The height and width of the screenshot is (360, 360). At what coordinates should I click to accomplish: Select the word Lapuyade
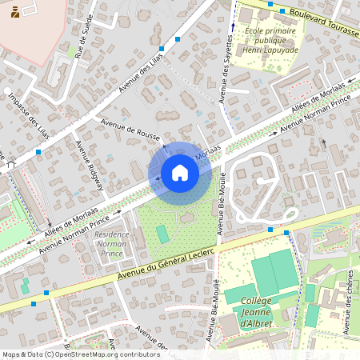[281, 50]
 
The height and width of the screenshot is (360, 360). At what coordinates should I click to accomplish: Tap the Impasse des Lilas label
[28, 116]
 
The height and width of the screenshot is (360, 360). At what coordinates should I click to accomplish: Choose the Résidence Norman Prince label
[111, 244]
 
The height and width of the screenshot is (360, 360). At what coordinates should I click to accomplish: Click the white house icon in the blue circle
[179, 172]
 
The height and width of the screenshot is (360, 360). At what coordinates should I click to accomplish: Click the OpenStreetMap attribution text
[81, 354]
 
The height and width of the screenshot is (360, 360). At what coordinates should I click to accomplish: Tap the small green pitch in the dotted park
[162, 234]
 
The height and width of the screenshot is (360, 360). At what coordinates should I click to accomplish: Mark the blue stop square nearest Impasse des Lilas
[38, 152]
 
